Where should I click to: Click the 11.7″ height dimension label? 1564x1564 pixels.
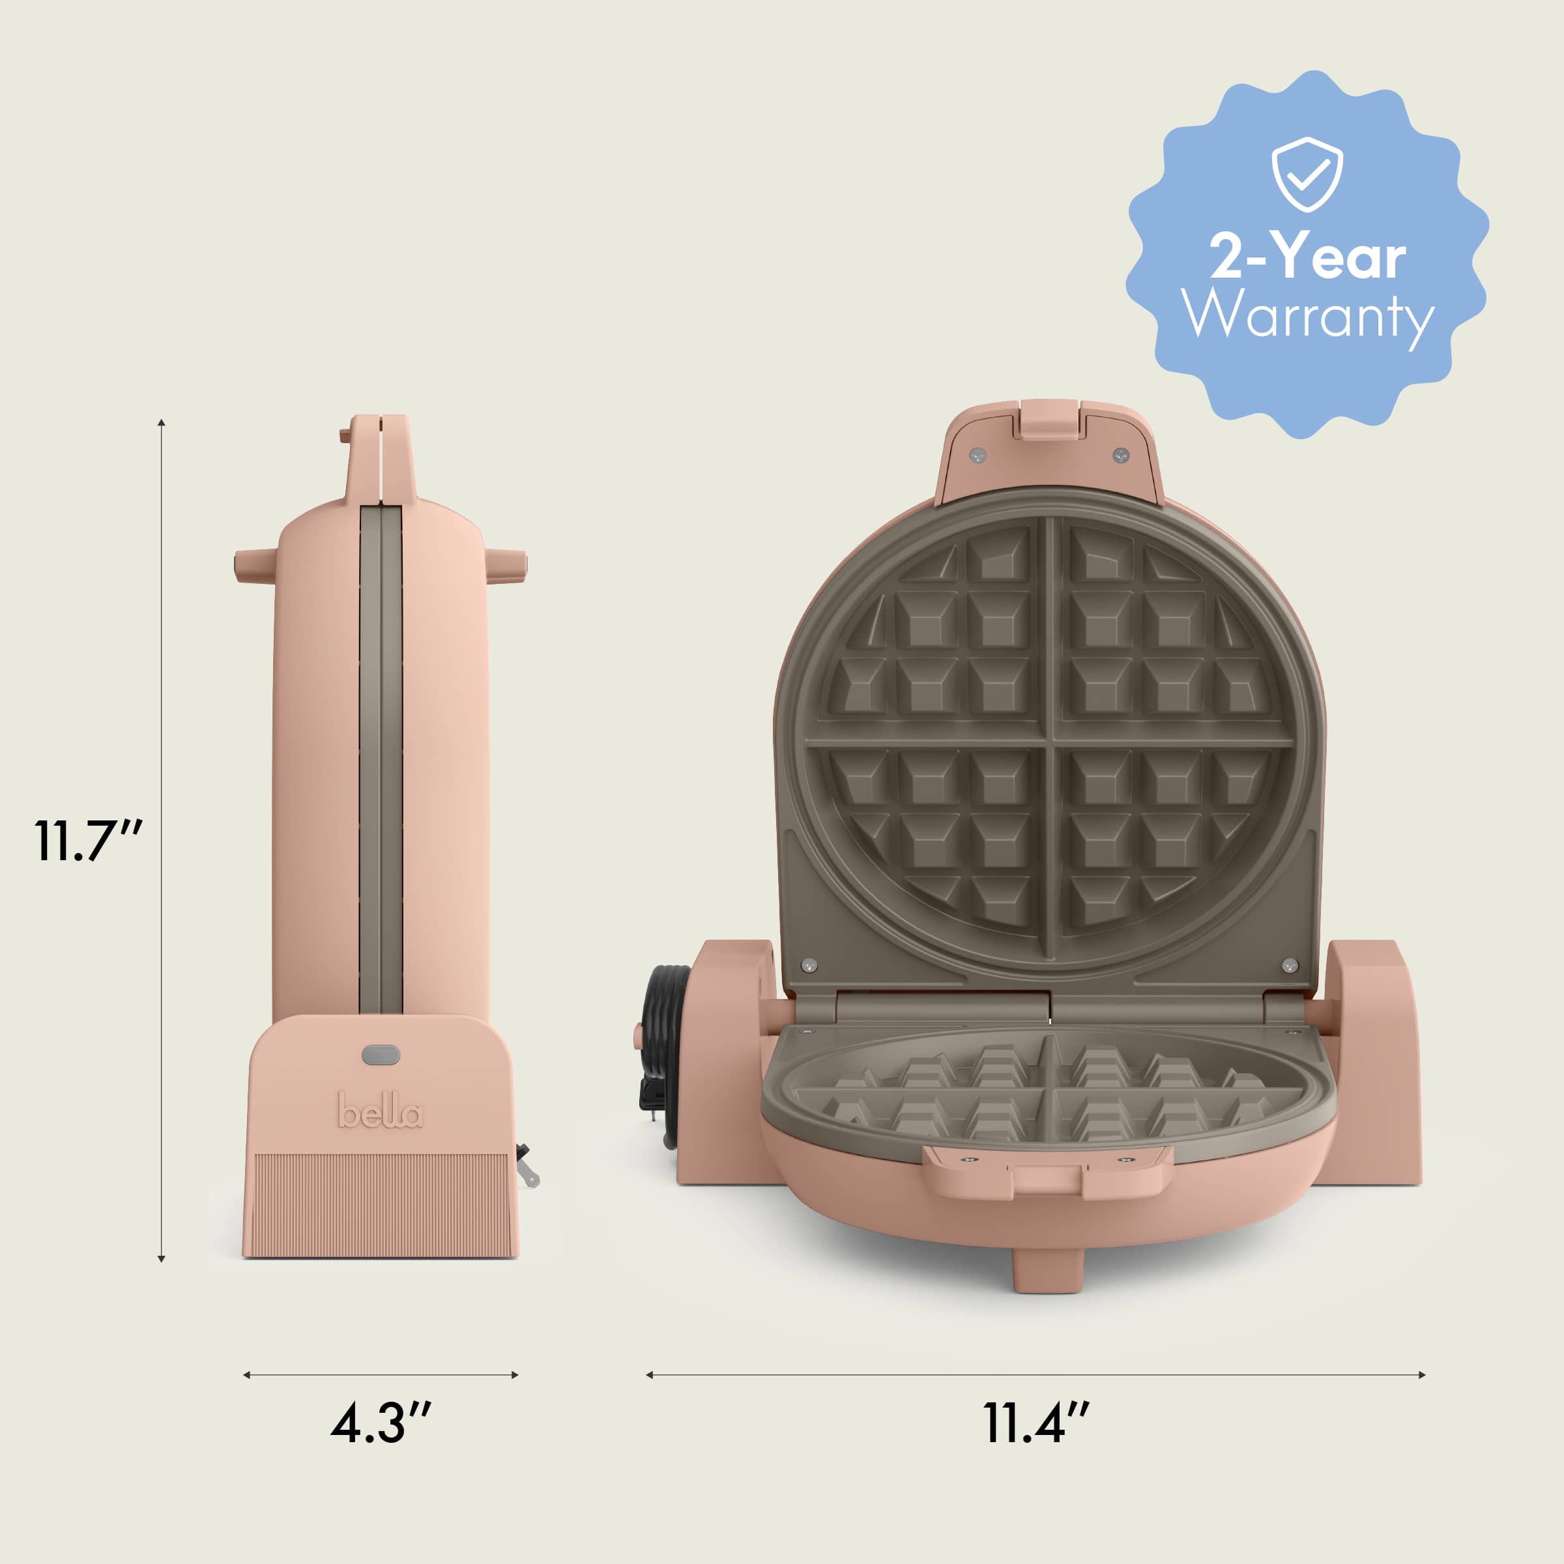(x=87, y=842)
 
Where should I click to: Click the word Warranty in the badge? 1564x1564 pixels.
(x=1307, y=315)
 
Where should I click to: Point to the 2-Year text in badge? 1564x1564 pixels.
(x=1307, y=257)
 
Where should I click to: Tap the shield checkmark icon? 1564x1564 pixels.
(x=1307, y=174)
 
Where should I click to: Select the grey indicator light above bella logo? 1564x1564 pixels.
(x=381, y=1055)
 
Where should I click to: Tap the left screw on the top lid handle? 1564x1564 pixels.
(x=977, y=455)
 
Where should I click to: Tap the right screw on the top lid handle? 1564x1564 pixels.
(x=1120, y=455)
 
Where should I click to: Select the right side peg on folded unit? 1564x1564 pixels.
(x=508, y=564)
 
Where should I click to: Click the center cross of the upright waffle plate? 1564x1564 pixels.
(x=1050, y=741)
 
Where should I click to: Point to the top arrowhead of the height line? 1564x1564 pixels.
(x=162, y=422)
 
